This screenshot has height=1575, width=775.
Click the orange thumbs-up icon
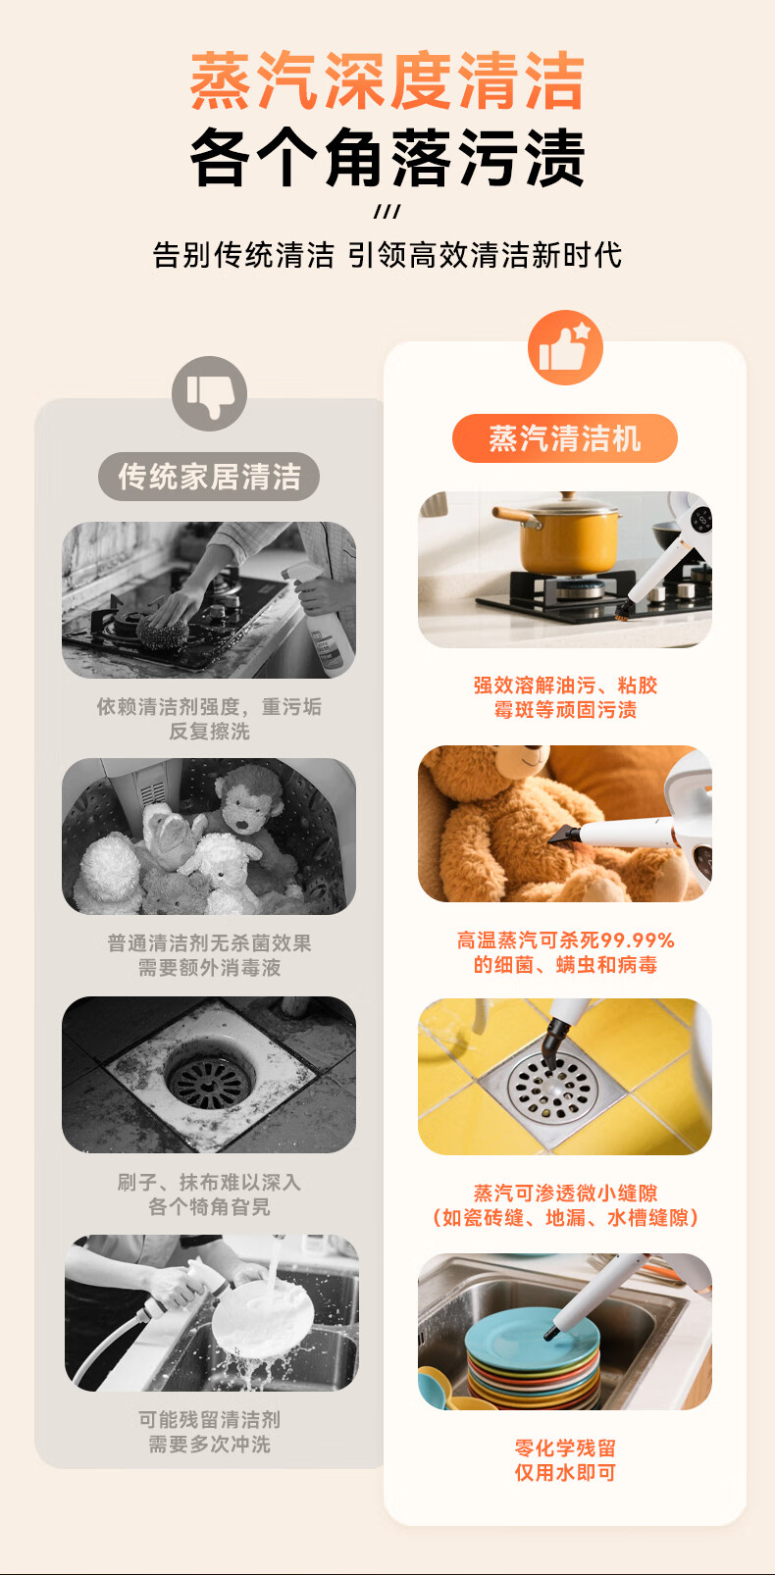(565, 347)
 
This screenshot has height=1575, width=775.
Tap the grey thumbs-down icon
(210, 394)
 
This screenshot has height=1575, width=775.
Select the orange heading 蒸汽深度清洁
(387, 80)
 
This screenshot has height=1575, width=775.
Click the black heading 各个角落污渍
(387, 157)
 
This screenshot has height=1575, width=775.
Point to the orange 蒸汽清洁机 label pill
(565, 438)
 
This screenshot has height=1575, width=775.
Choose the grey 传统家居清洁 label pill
(209, 476)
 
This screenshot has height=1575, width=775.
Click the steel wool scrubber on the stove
(163, 633)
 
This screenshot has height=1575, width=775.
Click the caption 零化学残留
(565, 1448)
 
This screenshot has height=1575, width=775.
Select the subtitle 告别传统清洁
(243, 255)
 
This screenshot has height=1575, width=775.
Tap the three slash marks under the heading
(387, 211)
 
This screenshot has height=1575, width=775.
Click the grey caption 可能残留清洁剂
(209, 1420)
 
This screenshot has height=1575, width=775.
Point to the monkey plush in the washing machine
(249, 809)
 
